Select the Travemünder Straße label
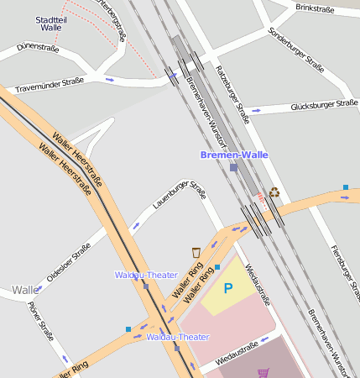click(50, 85)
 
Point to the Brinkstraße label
click(315, 9)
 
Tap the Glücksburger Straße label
click(323, 106)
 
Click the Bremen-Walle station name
click(234, 155)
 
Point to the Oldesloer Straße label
click(68, 264)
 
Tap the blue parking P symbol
click(227, 289)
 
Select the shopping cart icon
click(263, 372)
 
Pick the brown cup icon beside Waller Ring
click(196, 251)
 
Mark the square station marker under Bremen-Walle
click(233, 167)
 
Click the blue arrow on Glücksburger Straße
click(257, 109)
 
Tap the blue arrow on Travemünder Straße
click(109, 80)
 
